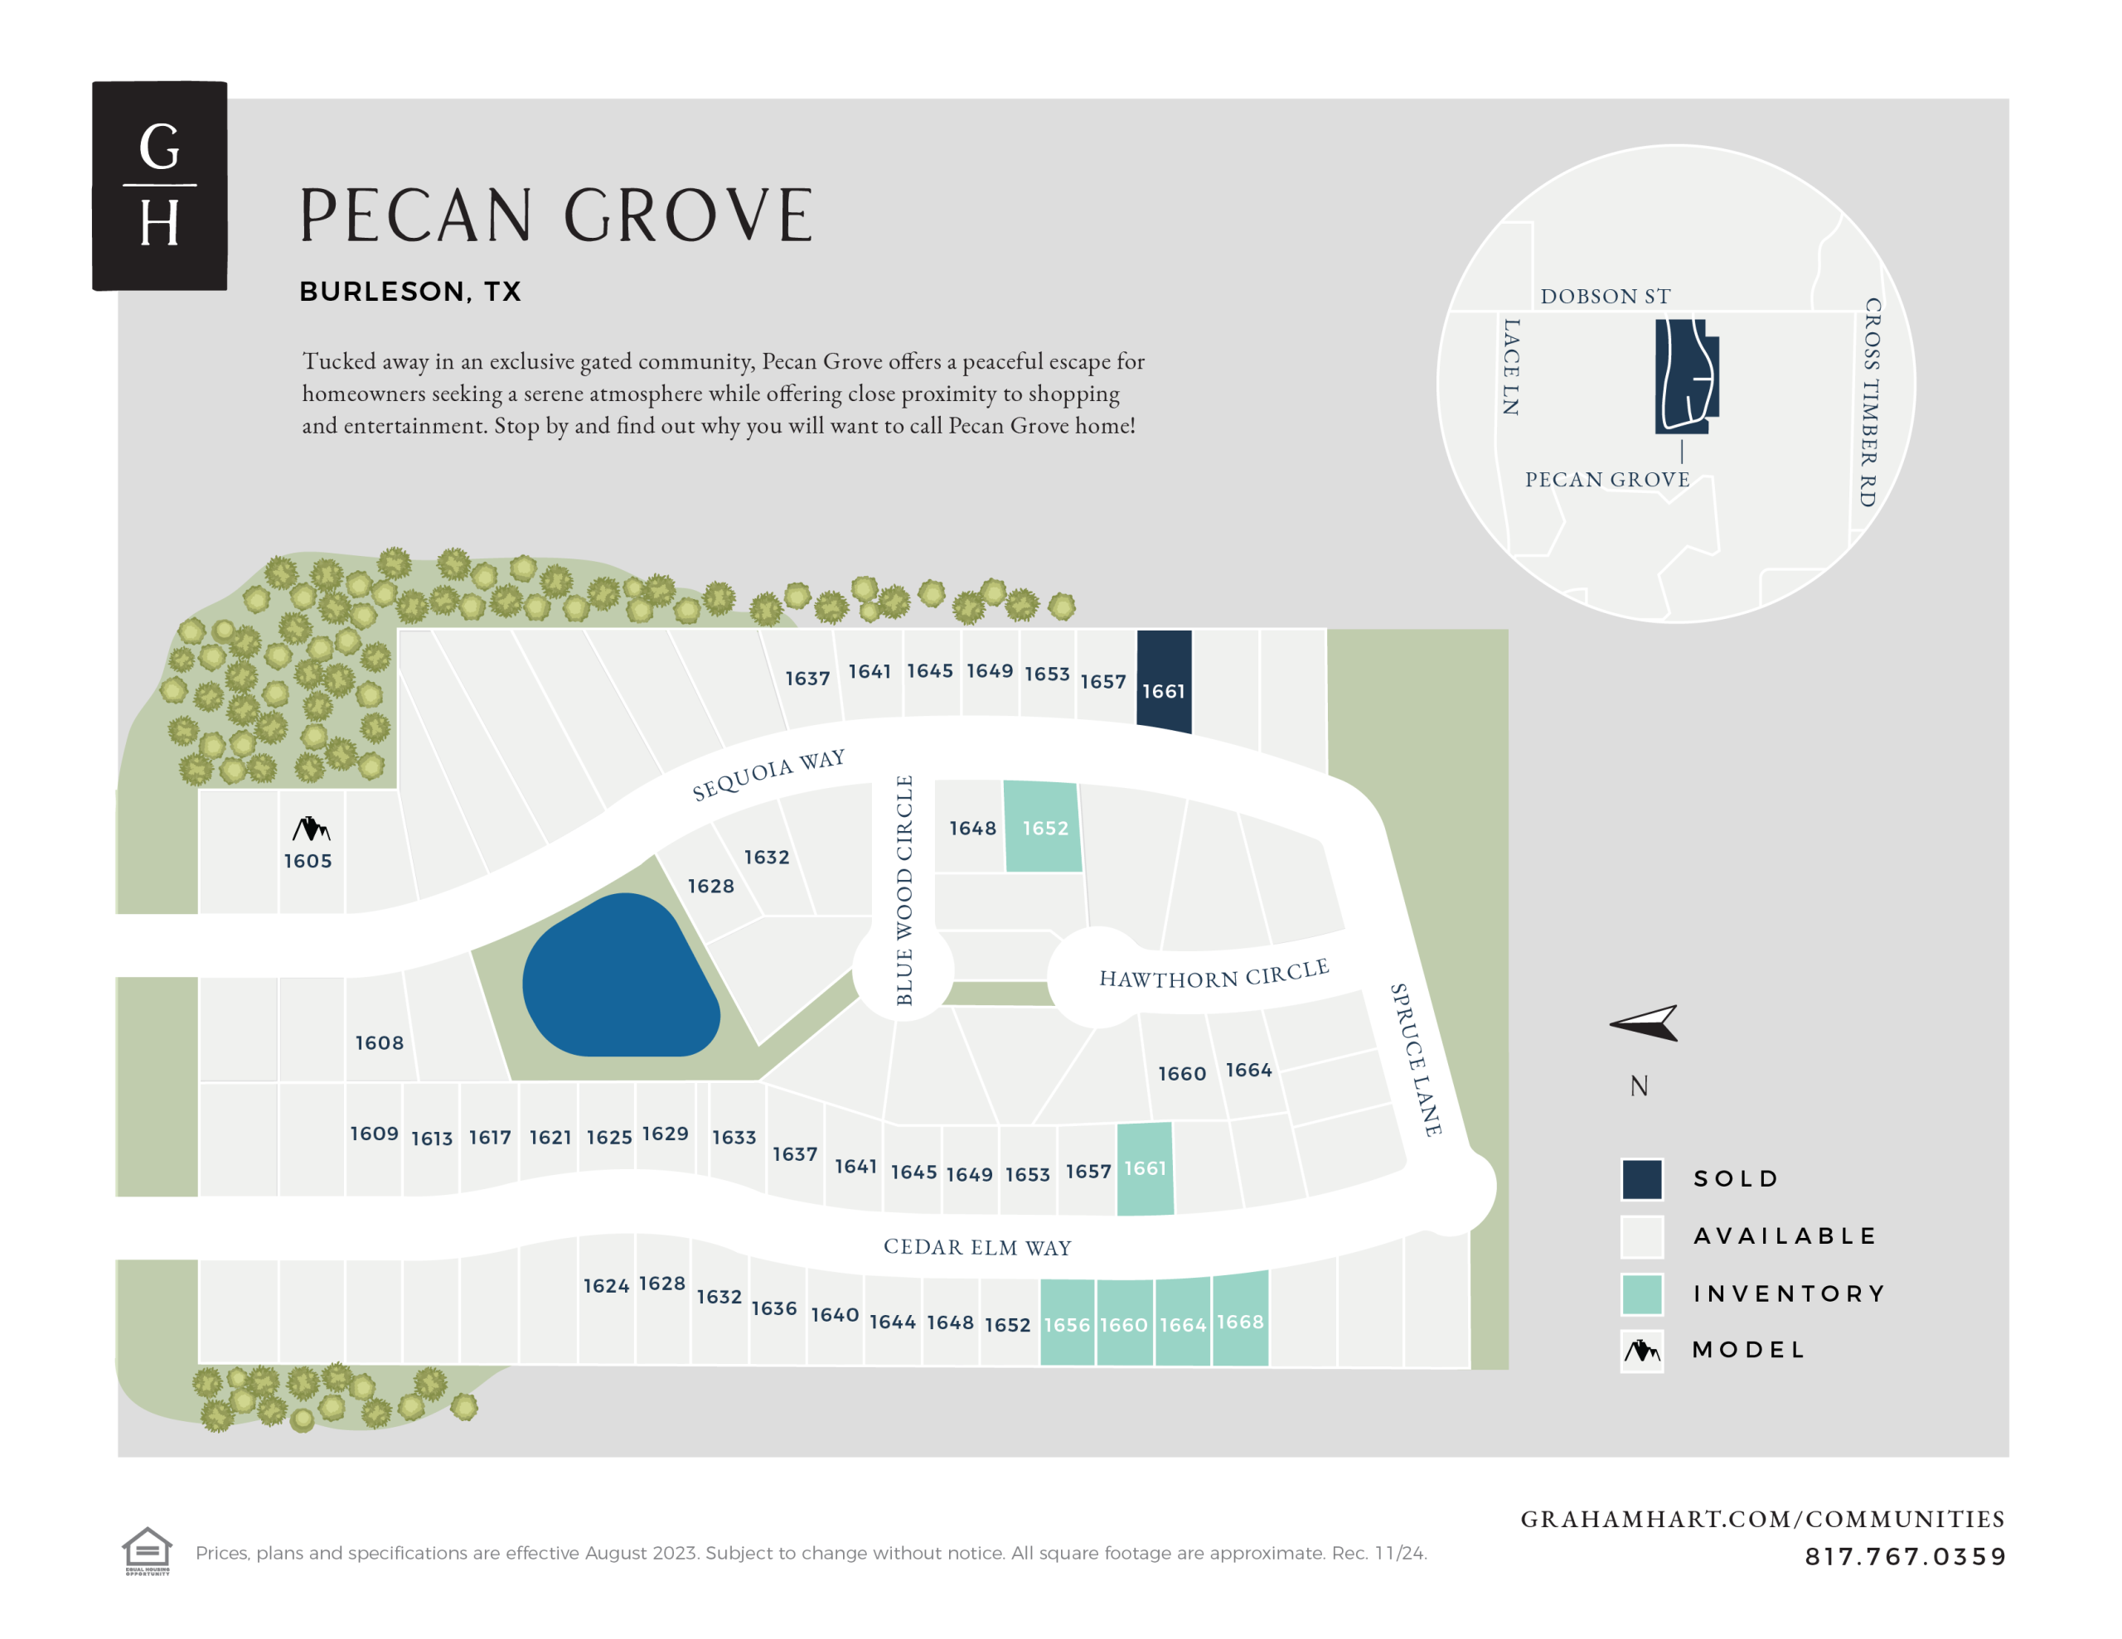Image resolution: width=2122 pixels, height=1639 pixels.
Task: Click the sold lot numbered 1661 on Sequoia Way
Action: pyautogui.click(x=1164, y=681)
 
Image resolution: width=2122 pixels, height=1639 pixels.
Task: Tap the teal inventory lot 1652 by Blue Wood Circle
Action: pyautogui.click(x=1043, y=827)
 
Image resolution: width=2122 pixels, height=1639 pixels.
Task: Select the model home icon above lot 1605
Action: pyautogui.click(x=311, y=829)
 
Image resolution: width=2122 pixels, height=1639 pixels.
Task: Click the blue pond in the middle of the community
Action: pyautogui.click(x=620, y=976)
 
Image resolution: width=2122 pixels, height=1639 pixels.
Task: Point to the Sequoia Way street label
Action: pyautogui.click(x=768, y=774)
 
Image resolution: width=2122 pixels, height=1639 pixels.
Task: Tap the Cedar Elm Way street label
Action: pyautogui.click(x=977, y=1247)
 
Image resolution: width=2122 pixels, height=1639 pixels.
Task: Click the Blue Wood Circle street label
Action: pyautogui.click(x=904, y=890)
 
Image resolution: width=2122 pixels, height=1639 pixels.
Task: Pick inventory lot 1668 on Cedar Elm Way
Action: pyautogui.click(x=1241, y=1318)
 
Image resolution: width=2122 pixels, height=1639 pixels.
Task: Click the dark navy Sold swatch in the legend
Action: pyautogui.click(x=1642, y=1179)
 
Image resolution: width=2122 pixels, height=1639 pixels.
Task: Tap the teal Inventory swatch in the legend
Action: pyautogui.click(x=1642, y=1294)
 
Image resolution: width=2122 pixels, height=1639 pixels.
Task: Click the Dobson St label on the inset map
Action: pyautogui.click(x=1605, y=297)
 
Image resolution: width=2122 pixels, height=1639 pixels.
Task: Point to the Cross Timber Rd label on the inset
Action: pyautogui.click(x=1870, y=402)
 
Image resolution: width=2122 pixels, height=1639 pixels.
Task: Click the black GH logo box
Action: pyautogui.click(x=159, y=186)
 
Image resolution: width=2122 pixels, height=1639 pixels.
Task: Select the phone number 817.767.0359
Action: pyautogui.click(x=1906, y=1556)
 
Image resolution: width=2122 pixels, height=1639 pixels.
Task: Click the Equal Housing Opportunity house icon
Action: pyautogui.click(x=147, y=1550)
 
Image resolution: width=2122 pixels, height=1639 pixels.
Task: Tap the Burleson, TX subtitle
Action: pyautogui.click(x=410, y=292)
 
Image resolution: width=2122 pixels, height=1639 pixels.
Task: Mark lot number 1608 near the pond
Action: pyautogui.click(x=379, y=1042)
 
